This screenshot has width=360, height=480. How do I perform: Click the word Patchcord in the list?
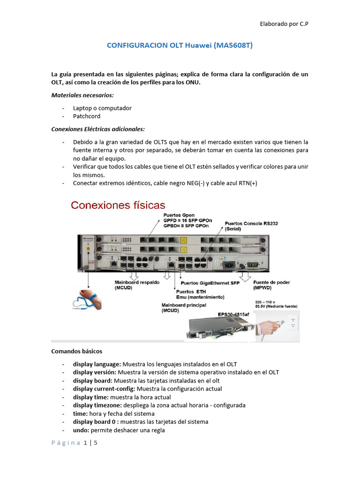[87, 116]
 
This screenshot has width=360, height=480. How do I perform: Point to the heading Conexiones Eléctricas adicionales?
[97, 129]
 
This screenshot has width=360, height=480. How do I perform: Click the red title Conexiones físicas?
[118, 205]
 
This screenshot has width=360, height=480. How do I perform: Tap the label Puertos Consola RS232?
[251, 224]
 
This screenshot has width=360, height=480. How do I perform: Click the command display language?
[96, 364]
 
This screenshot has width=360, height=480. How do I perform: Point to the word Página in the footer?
[66, 443]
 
